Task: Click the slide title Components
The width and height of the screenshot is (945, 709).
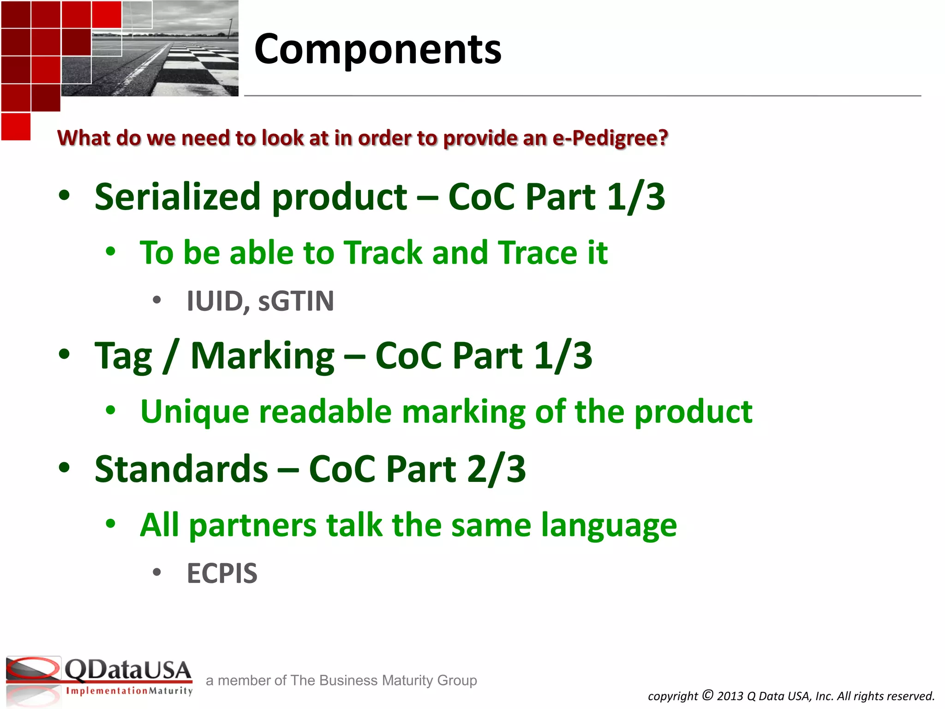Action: [x=377, y=50]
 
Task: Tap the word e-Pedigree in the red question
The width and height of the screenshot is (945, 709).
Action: [x=610, y=138]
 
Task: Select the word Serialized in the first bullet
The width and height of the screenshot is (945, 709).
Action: [x=178, y=197]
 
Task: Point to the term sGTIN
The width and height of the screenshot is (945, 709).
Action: [x=296, y=301]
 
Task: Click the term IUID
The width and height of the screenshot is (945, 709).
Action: [x=215, y=301]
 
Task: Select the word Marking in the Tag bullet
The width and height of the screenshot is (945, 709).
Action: [x=262, y=356]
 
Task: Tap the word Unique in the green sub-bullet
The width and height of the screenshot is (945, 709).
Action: [x=194, y=412]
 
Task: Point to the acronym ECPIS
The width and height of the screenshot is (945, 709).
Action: [x=222, y=574]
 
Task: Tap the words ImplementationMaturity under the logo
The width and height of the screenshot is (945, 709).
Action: [x=129, y=691]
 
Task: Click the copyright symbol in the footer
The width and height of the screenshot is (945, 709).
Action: [x=708, y=695]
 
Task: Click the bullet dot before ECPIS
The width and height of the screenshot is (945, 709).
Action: [x=157, y=573]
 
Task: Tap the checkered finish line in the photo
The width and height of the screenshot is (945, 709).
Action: [x=198, y=65]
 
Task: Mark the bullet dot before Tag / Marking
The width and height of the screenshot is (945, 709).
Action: [x=65, y=354]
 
